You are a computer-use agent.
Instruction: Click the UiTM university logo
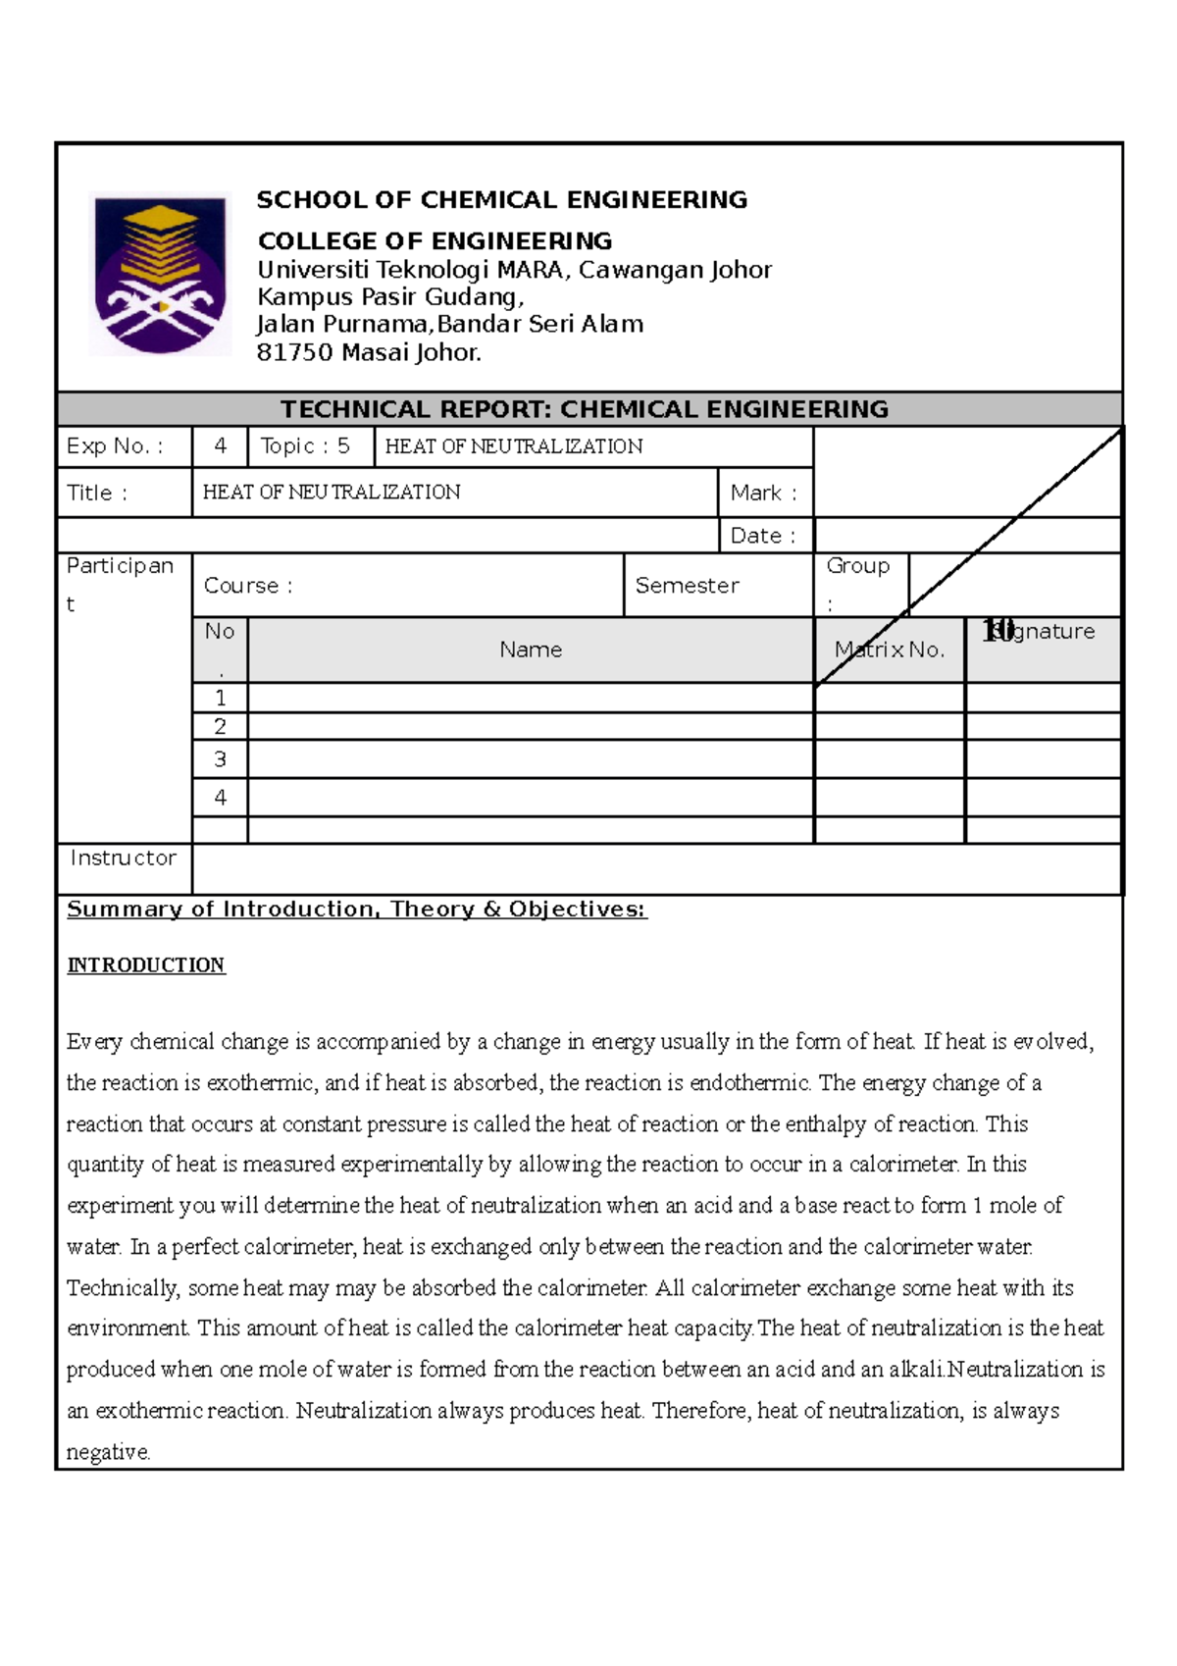click(160, 273)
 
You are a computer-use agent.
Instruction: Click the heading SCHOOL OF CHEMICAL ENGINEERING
click(501, 200)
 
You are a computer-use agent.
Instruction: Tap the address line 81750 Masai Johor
click(369, 352)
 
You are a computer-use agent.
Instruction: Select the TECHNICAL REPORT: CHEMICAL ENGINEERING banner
click(585, 409)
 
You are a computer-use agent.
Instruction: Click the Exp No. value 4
click(221, 446)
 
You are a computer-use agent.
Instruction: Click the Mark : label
click(763, 493)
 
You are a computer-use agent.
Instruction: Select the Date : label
click(762, 536)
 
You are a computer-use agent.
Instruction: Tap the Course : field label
click(248, 586)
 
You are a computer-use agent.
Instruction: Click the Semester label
click(687, 586)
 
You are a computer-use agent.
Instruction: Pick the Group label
click(857, 566)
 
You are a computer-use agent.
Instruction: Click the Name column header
click(531, 650)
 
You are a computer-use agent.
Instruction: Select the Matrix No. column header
click(890, 650)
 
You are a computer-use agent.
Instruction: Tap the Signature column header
click(1042, 631)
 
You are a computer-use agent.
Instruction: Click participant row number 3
click(220, 759)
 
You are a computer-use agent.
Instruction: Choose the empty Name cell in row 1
click(531, 698)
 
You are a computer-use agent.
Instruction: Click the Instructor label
click(123, 858)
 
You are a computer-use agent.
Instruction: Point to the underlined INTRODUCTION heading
click(146, 965)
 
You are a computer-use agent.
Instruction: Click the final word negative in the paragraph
click(108, 1452)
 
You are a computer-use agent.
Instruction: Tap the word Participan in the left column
click(120, 566)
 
